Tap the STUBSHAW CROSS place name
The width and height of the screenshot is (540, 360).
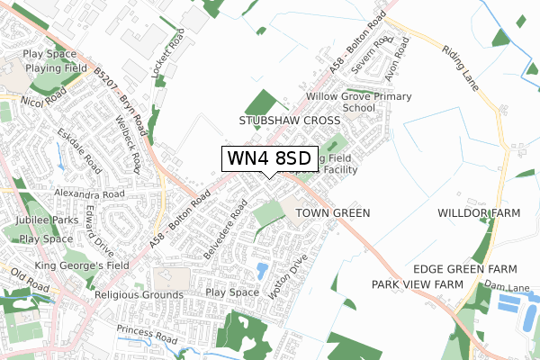pos(290,120)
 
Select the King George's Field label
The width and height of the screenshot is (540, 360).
pos(82,265)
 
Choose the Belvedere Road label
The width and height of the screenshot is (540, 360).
pos(224,229)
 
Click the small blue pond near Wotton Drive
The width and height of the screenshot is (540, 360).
pos(261,270)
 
